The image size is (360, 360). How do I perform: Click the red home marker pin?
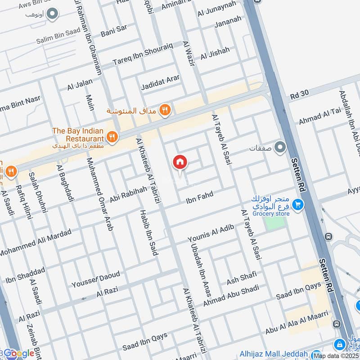tap(180, 162)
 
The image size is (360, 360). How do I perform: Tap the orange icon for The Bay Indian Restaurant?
tap(112, 137)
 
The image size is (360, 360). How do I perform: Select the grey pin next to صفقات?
tap(280, 148)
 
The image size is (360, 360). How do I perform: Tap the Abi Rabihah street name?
tap(128, 195)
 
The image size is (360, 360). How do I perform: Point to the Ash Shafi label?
tap(241, 278)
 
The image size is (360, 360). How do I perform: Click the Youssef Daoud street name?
tap(96, 279)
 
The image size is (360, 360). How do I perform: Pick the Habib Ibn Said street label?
tap(148, 232)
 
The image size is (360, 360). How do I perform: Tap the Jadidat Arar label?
tap(160, 81)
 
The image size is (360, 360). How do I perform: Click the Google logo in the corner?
tap(19, 354)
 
